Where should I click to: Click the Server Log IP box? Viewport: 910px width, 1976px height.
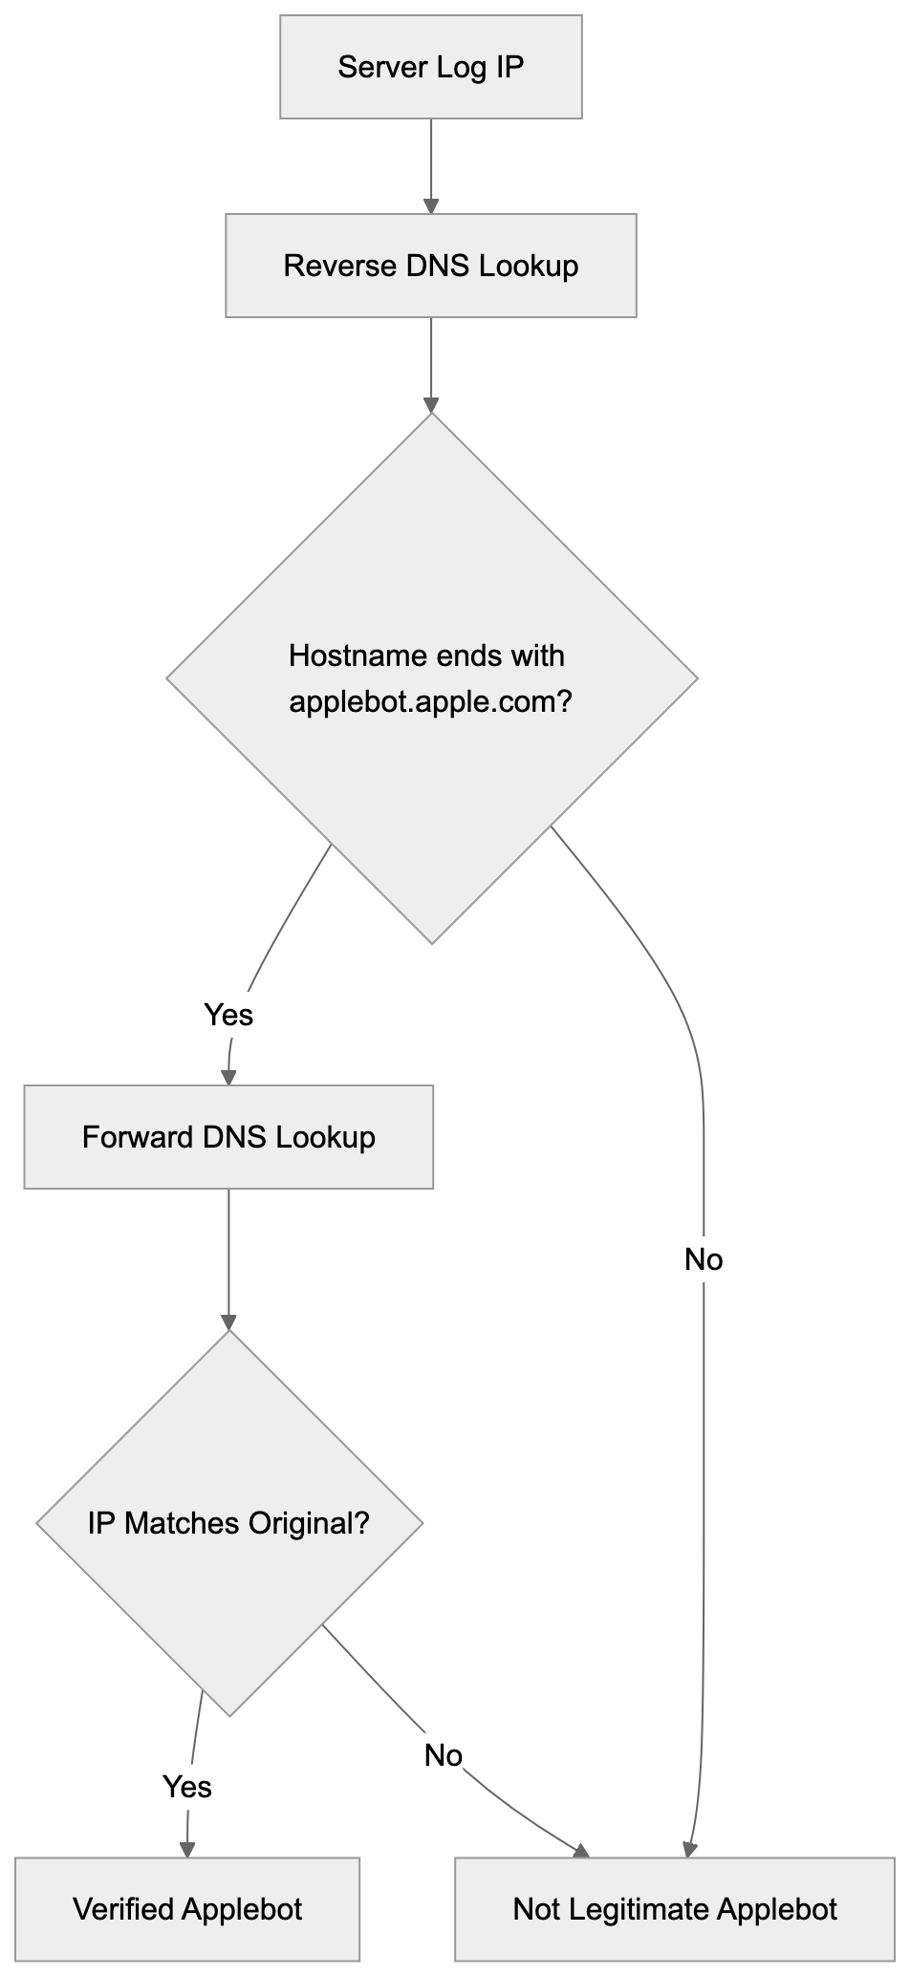point(430,67)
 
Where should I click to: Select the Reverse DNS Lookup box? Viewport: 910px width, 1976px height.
point(430,266)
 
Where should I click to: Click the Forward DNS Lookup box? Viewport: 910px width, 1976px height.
point(228,1137)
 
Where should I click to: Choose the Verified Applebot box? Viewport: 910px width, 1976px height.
point(187,1909)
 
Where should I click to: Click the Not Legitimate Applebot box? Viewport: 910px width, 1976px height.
point(675,1909)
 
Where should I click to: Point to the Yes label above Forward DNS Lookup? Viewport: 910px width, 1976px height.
point(228,1013)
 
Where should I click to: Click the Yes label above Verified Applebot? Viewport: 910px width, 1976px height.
point(187,1786)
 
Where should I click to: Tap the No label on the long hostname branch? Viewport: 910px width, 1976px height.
point(704,1259)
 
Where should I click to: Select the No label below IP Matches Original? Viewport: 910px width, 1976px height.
point(444,1754)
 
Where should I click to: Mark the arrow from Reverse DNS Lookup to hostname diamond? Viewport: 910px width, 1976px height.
point(431,363)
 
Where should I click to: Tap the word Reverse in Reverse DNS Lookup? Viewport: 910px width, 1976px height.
point(340,266)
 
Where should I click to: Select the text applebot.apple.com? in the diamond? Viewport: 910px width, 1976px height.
point(430,702)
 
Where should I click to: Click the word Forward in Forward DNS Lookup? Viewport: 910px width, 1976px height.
point(138,1137)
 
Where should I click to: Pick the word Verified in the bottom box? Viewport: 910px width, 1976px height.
point(122,1909)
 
